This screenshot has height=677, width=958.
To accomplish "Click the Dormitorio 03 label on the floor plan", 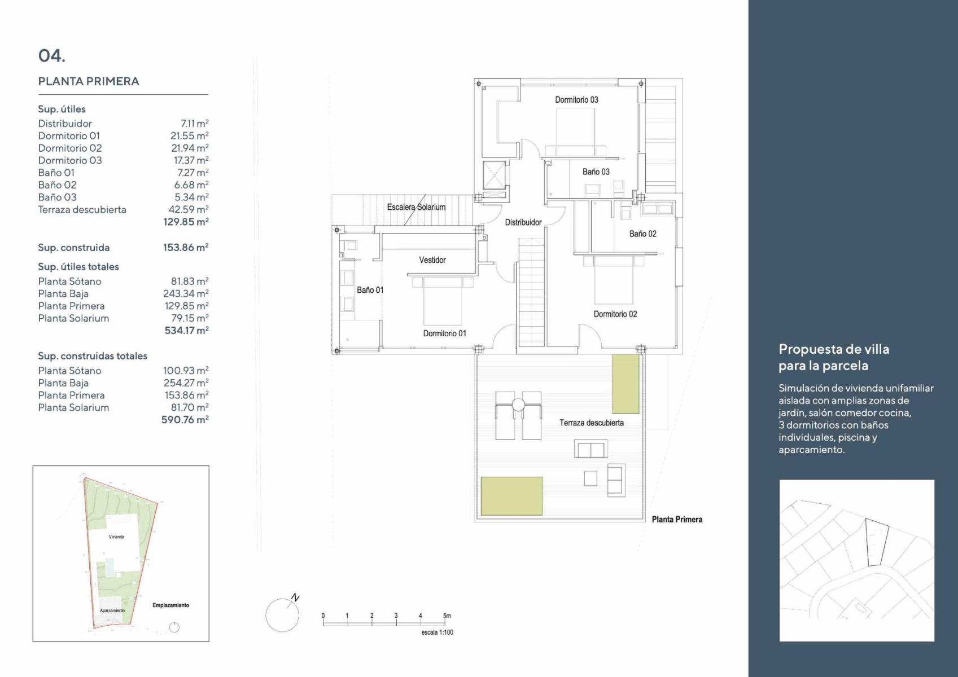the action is (576, 100).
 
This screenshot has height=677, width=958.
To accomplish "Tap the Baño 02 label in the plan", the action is (642, 234).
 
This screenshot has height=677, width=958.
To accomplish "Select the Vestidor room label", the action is (432, 260).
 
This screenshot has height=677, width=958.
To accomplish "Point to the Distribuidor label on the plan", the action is (523, 222).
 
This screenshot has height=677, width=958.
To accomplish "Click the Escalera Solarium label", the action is (416, 207).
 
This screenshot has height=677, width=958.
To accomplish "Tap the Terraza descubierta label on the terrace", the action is (592, 423).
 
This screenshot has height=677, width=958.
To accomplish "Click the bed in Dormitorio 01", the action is (443, 301).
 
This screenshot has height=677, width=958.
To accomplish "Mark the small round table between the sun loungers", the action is (518, 405).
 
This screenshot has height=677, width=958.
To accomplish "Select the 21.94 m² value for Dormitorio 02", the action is (190, 148).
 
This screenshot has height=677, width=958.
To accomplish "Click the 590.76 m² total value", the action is (185, 420).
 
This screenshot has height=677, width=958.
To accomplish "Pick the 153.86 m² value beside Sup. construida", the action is (186, 248).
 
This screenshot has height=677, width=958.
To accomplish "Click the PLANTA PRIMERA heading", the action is (89, 81).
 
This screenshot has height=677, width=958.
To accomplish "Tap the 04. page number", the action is (52, 55).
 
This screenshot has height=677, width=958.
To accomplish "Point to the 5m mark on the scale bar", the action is (447, 616).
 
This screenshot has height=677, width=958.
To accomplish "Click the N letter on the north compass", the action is (295, 597).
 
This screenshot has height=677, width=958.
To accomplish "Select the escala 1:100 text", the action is (437, 632).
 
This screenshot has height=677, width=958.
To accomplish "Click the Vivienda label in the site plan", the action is (116, 537).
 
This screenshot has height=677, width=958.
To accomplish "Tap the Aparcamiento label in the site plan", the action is (112, 610).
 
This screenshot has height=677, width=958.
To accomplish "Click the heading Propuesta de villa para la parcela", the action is (834, 357).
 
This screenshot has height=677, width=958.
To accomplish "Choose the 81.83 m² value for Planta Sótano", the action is (190, 281).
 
